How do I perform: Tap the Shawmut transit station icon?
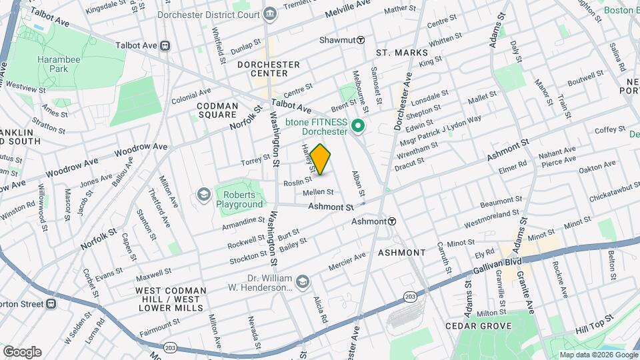360,40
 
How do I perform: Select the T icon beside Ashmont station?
393,221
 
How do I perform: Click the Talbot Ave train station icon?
164,46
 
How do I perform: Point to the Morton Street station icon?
50,303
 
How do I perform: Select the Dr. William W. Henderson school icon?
303,282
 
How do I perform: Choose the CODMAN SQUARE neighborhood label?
217,111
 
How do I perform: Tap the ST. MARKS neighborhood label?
400,53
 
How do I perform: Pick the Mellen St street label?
318,192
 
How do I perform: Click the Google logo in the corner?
22,351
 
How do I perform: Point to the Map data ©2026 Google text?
597,355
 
